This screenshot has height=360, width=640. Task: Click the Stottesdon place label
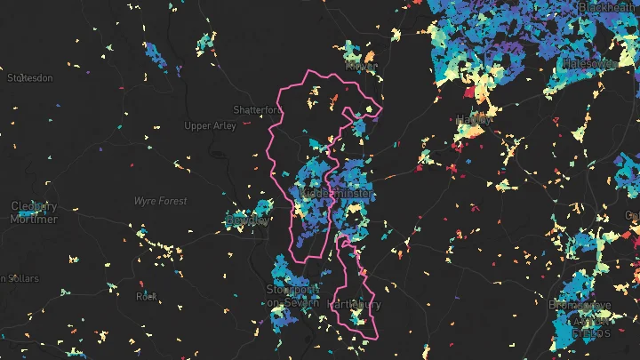click(x=30, y=78)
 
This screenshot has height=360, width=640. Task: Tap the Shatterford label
click(x=257, y=109)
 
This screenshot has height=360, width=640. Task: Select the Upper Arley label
click(x=210, y=126)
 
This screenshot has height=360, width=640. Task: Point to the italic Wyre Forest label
click(x=160, y=202)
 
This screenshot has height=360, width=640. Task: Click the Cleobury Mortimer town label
click(x=34, y=212)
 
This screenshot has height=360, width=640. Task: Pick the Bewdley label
click(x=247, y=220)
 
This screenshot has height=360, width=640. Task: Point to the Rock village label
click(x=146, y=296)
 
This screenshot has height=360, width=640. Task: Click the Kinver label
click(x=361, y=66)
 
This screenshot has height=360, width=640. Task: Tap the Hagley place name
click(x=473, y=119)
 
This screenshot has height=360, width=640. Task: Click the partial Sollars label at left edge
click(x=18, y=278)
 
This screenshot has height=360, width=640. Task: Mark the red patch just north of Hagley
click(x=468, y=92)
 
